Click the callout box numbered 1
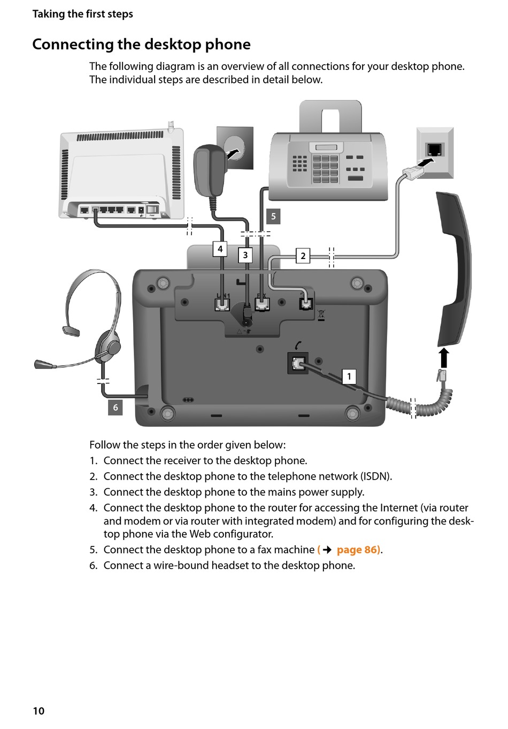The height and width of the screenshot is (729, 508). pyautogui.click(x=349, y=377)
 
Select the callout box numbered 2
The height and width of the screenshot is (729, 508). pyautogui.click(x=303, y=256)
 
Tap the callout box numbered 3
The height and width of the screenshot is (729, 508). pyautogui.click(x=245, y=255)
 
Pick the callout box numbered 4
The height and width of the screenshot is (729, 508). pyautogui.click(x=220, y=249)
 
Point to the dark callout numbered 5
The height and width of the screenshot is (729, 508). pyautogui.click(x=273, y=216)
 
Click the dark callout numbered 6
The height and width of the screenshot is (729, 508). pyautogui.click(x=116, y=407)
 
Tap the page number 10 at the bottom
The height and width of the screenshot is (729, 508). pyautogui.click(x=39, y=710)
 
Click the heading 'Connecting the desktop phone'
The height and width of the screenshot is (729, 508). pyautogui.click(x=141, y=44)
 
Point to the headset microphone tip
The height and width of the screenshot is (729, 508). pyautogui.click(x=39, y=364)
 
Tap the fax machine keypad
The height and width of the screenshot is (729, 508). pyautogui.click(x=325, y=168)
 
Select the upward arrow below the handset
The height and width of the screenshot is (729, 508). pyautogui.click(x=443, y=358)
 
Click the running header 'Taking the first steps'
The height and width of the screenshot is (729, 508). pyautogui.click(x=82, y=14)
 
